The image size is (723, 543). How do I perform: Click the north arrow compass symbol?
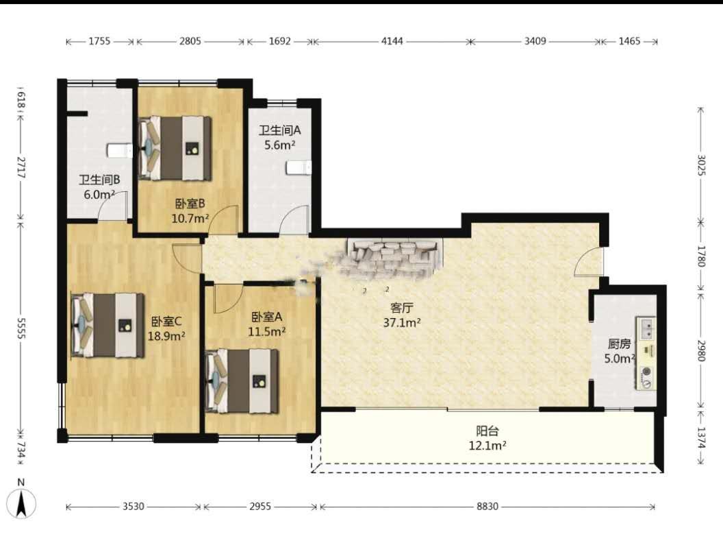click(21, 503)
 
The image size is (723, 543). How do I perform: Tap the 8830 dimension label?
click(487, 507)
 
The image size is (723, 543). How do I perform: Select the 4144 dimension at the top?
click(392, 41)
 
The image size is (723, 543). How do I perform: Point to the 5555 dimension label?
click(21, 328)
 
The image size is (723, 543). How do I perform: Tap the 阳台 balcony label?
click(487, 431)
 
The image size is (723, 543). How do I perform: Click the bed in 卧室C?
click(108, 325)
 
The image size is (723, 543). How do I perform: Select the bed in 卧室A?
click(242, 381)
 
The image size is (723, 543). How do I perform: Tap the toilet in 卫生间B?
click(120, 151)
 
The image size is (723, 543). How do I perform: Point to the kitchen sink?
click(646, 327)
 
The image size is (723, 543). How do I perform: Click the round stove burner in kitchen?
click(647, 371)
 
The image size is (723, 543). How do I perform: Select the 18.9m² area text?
click(166, 336)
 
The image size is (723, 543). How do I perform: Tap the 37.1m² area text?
click(402, 322)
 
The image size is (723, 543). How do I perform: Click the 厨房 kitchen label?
click(619, 343)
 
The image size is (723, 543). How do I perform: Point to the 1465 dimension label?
click(629, 41)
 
